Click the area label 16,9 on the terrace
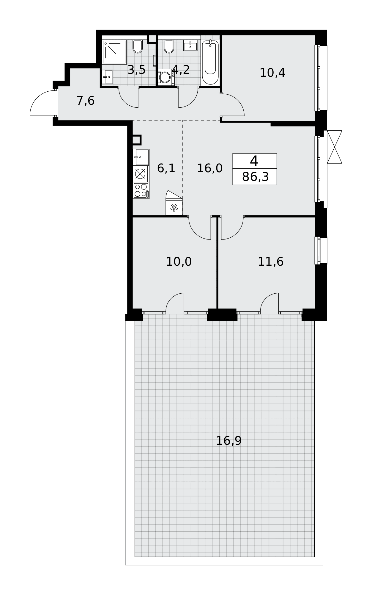click(x=228, y=441)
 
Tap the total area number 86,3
click(x=255, y=177)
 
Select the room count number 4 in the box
click(x=254, y=161)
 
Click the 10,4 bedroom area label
click(x=272, y=73)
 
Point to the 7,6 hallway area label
click(x=86, y=101)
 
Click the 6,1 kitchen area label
click(x=166, y=168)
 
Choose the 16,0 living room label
click(x=210, y=168)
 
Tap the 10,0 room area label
click(x=179, y=262)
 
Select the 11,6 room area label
click(x=271, y=262)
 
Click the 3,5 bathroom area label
click(x=136, y=70)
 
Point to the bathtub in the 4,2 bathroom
click(x=210, y=62)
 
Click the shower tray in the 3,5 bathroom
click(x=114, y=52)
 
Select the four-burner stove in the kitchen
click(x=141, y=190)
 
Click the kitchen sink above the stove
click(x=141, y=157)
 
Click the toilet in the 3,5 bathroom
click(x=138, y=46)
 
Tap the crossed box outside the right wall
click(x=335, y=147)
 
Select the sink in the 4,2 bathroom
click(x=190, y=45)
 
